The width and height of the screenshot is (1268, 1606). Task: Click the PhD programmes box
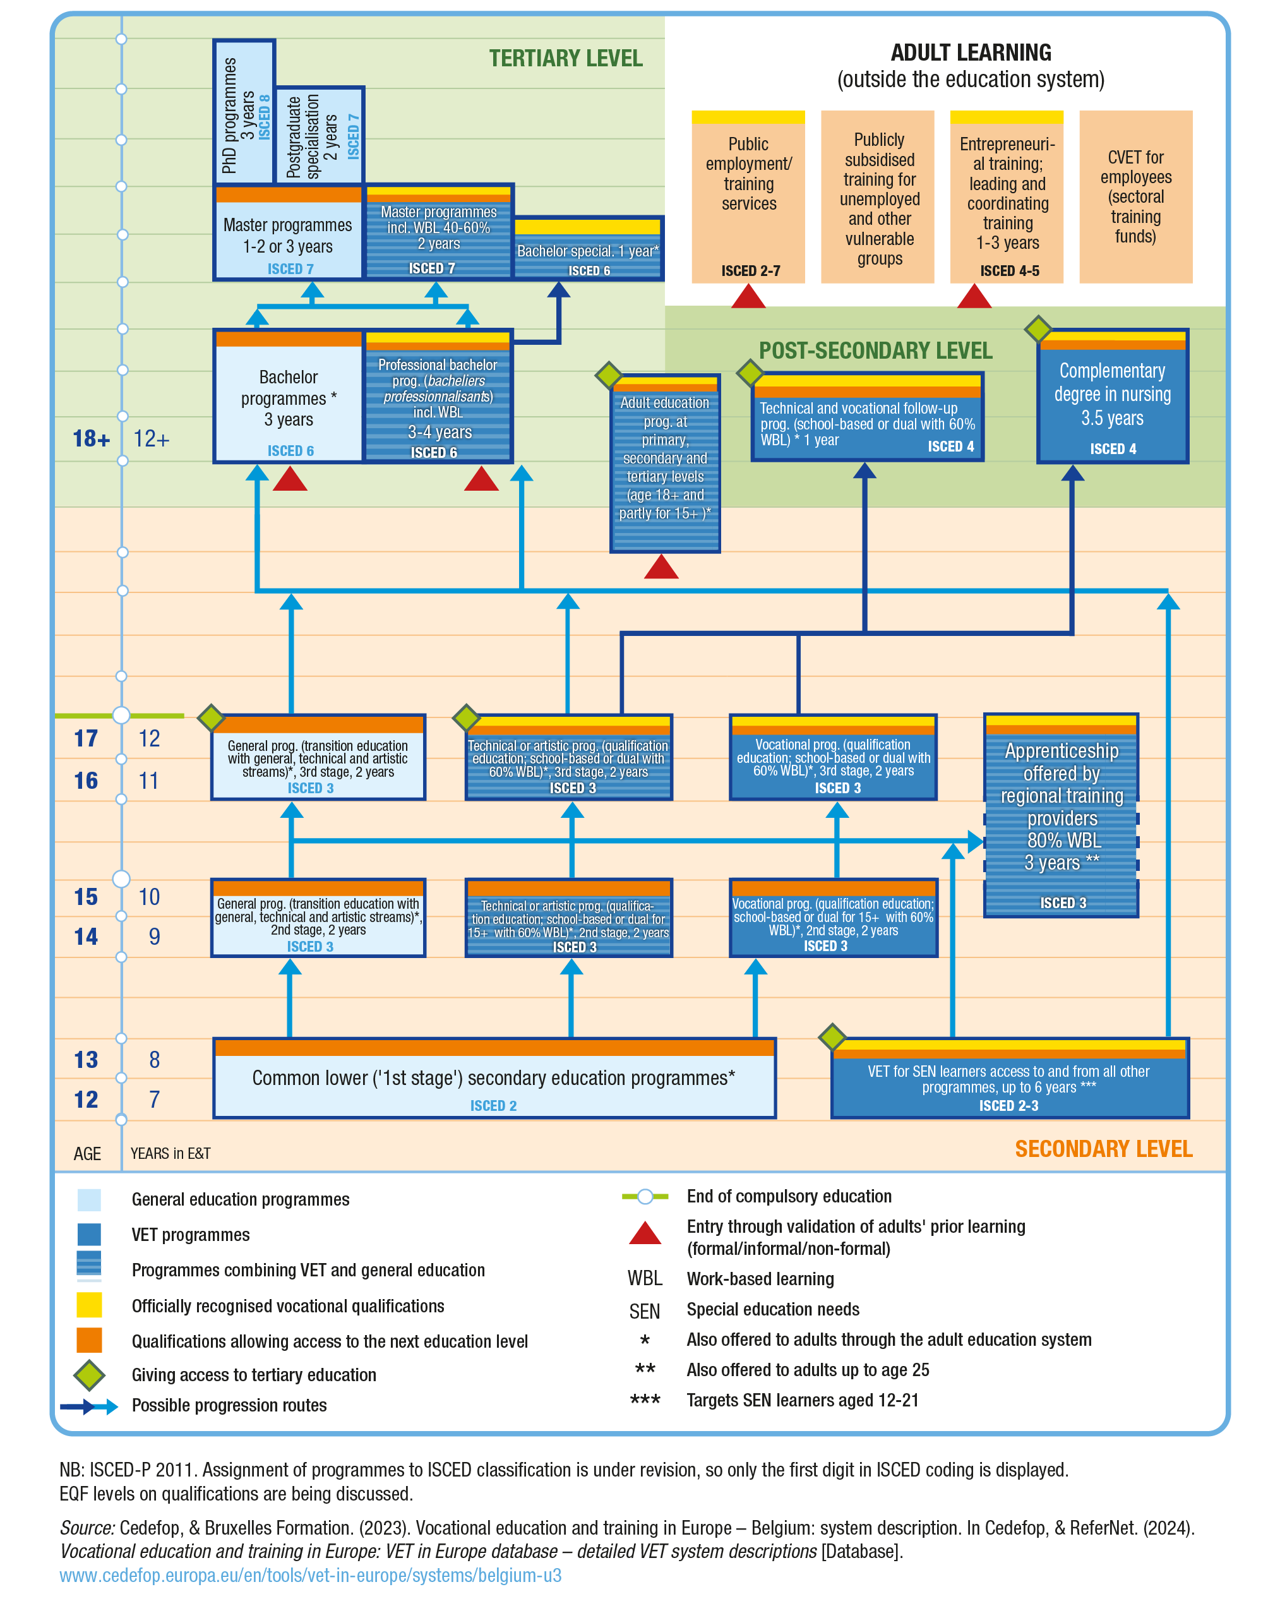(244, 111)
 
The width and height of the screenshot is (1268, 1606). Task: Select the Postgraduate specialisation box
(320, 136)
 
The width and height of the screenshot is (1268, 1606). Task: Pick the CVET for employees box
(1135, 197)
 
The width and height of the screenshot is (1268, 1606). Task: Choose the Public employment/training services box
(748, 197)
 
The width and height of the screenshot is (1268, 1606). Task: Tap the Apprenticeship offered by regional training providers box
(1061, 817)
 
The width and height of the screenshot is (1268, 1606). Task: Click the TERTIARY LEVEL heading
(565, 59)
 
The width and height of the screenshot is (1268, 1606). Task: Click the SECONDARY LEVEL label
(1103, 1149)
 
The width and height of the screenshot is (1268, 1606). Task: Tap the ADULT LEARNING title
(971, 52)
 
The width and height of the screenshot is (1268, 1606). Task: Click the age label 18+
(90, 439)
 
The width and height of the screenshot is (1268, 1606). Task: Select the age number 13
(86, 1060)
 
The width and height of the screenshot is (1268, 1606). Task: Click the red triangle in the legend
(644, 1233)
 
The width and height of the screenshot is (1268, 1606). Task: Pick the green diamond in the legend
(89, 1375)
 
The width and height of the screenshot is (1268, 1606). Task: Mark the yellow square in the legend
(89, 1305)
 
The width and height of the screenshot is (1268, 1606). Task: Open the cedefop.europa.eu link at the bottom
(310, 1575)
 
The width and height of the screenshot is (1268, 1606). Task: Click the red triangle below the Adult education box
(661, 567)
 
